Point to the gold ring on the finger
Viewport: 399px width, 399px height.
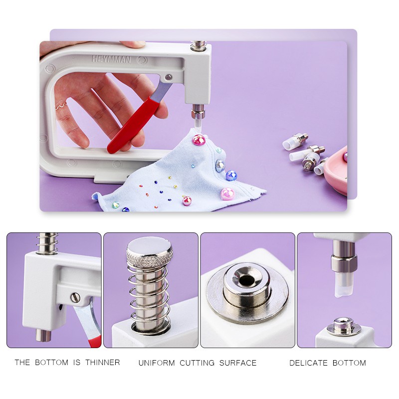click(x=60, y=105)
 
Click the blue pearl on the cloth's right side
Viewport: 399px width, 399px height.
click(x=231, y=175)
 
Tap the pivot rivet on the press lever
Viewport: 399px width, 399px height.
click(x=169, y=77)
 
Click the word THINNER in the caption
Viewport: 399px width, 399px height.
click(x=102, y=363)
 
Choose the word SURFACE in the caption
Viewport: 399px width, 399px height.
click(x=238, y=363)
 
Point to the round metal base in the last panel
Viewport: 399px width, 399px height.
click(x=344, y=327)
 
